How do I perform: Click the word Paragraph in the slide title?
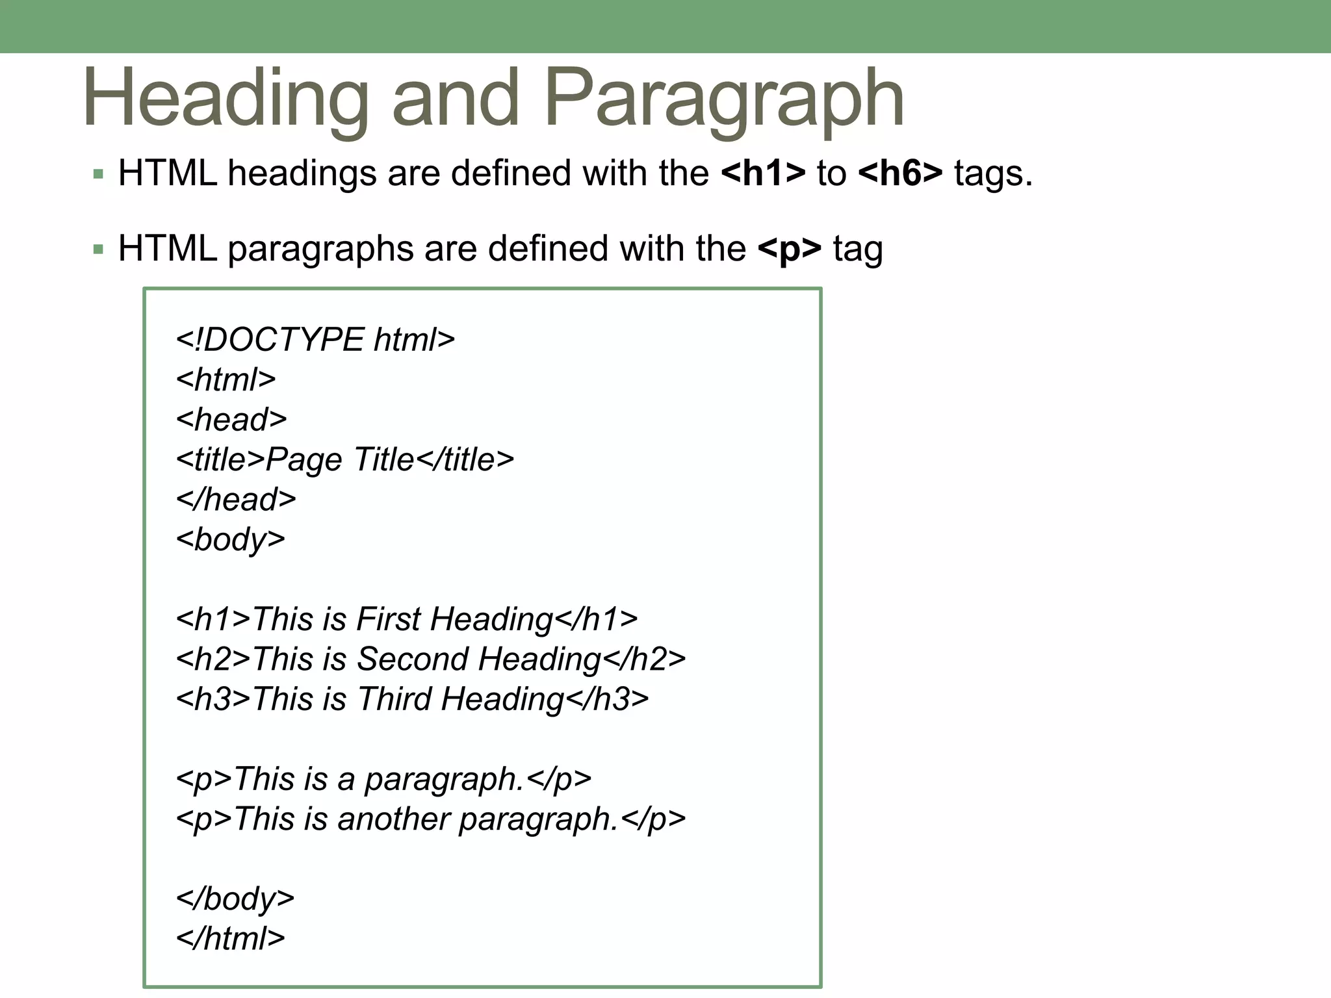pos(723,99)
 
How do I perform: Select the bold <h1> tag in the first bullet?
pos(763,174)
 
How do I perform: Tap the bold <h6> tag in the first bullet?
pos(900,174)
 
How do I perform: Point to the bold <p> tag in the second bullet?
pos(790,249)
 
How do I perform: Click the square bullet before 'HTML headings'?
pos(98,174)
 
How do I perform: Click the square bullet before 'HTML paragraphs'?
pos(98,249)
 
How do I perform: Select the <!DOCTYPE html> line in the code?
pos(315,340)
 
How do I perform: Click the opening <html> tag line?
pos(226,380)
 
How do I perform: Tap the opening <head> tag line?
pos(231,420)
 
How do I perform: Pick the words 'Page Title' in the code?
pos(340,460)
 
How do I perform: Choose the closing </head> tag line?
pos(236,500)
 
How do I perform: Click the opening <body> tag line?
pos(230,540)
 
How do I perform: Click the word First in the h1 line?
pos(389,619)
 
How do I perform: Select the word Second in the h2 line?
pos(413,659)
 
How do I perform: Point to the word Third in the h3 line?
pos(394,700)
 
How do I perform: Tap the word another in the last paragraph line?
pos(393,819)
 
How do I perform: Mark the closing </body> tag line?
pos(235,899)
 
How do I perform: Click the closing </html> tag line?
pos(230,939)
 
